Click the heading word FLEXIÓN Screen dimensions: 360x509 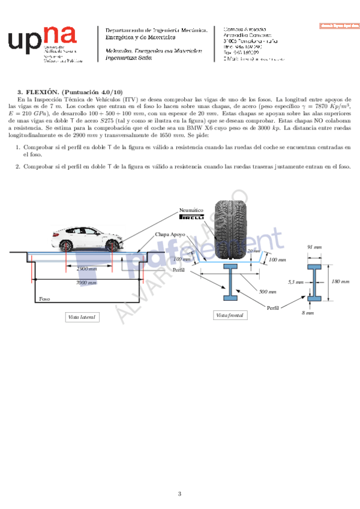pyautogui.click(x=39, y=91)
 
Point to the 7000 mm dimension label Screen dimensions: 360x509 pyautogui.click(x=86, y=282)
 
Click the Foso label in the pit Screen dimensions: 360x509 pyautogui.click(x=44, y=298)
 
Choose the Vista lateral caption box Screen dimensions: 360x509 pyautogui.click(x=82, y=316)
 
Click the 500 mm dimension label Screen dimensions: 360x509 pyautogui.click(x=266, y=292)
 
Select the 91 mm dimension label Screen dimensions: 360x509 pyautogui.click(x=314, y=247)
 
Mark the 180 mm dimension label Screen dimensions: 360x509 pyautogui.click(x=340, y=281)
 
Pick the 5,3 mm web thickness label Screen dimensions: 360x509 pyautogui.click(x=295, y=281)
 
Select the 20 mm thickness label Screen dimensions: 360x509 pyautogui.click(x=254, y=250)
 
